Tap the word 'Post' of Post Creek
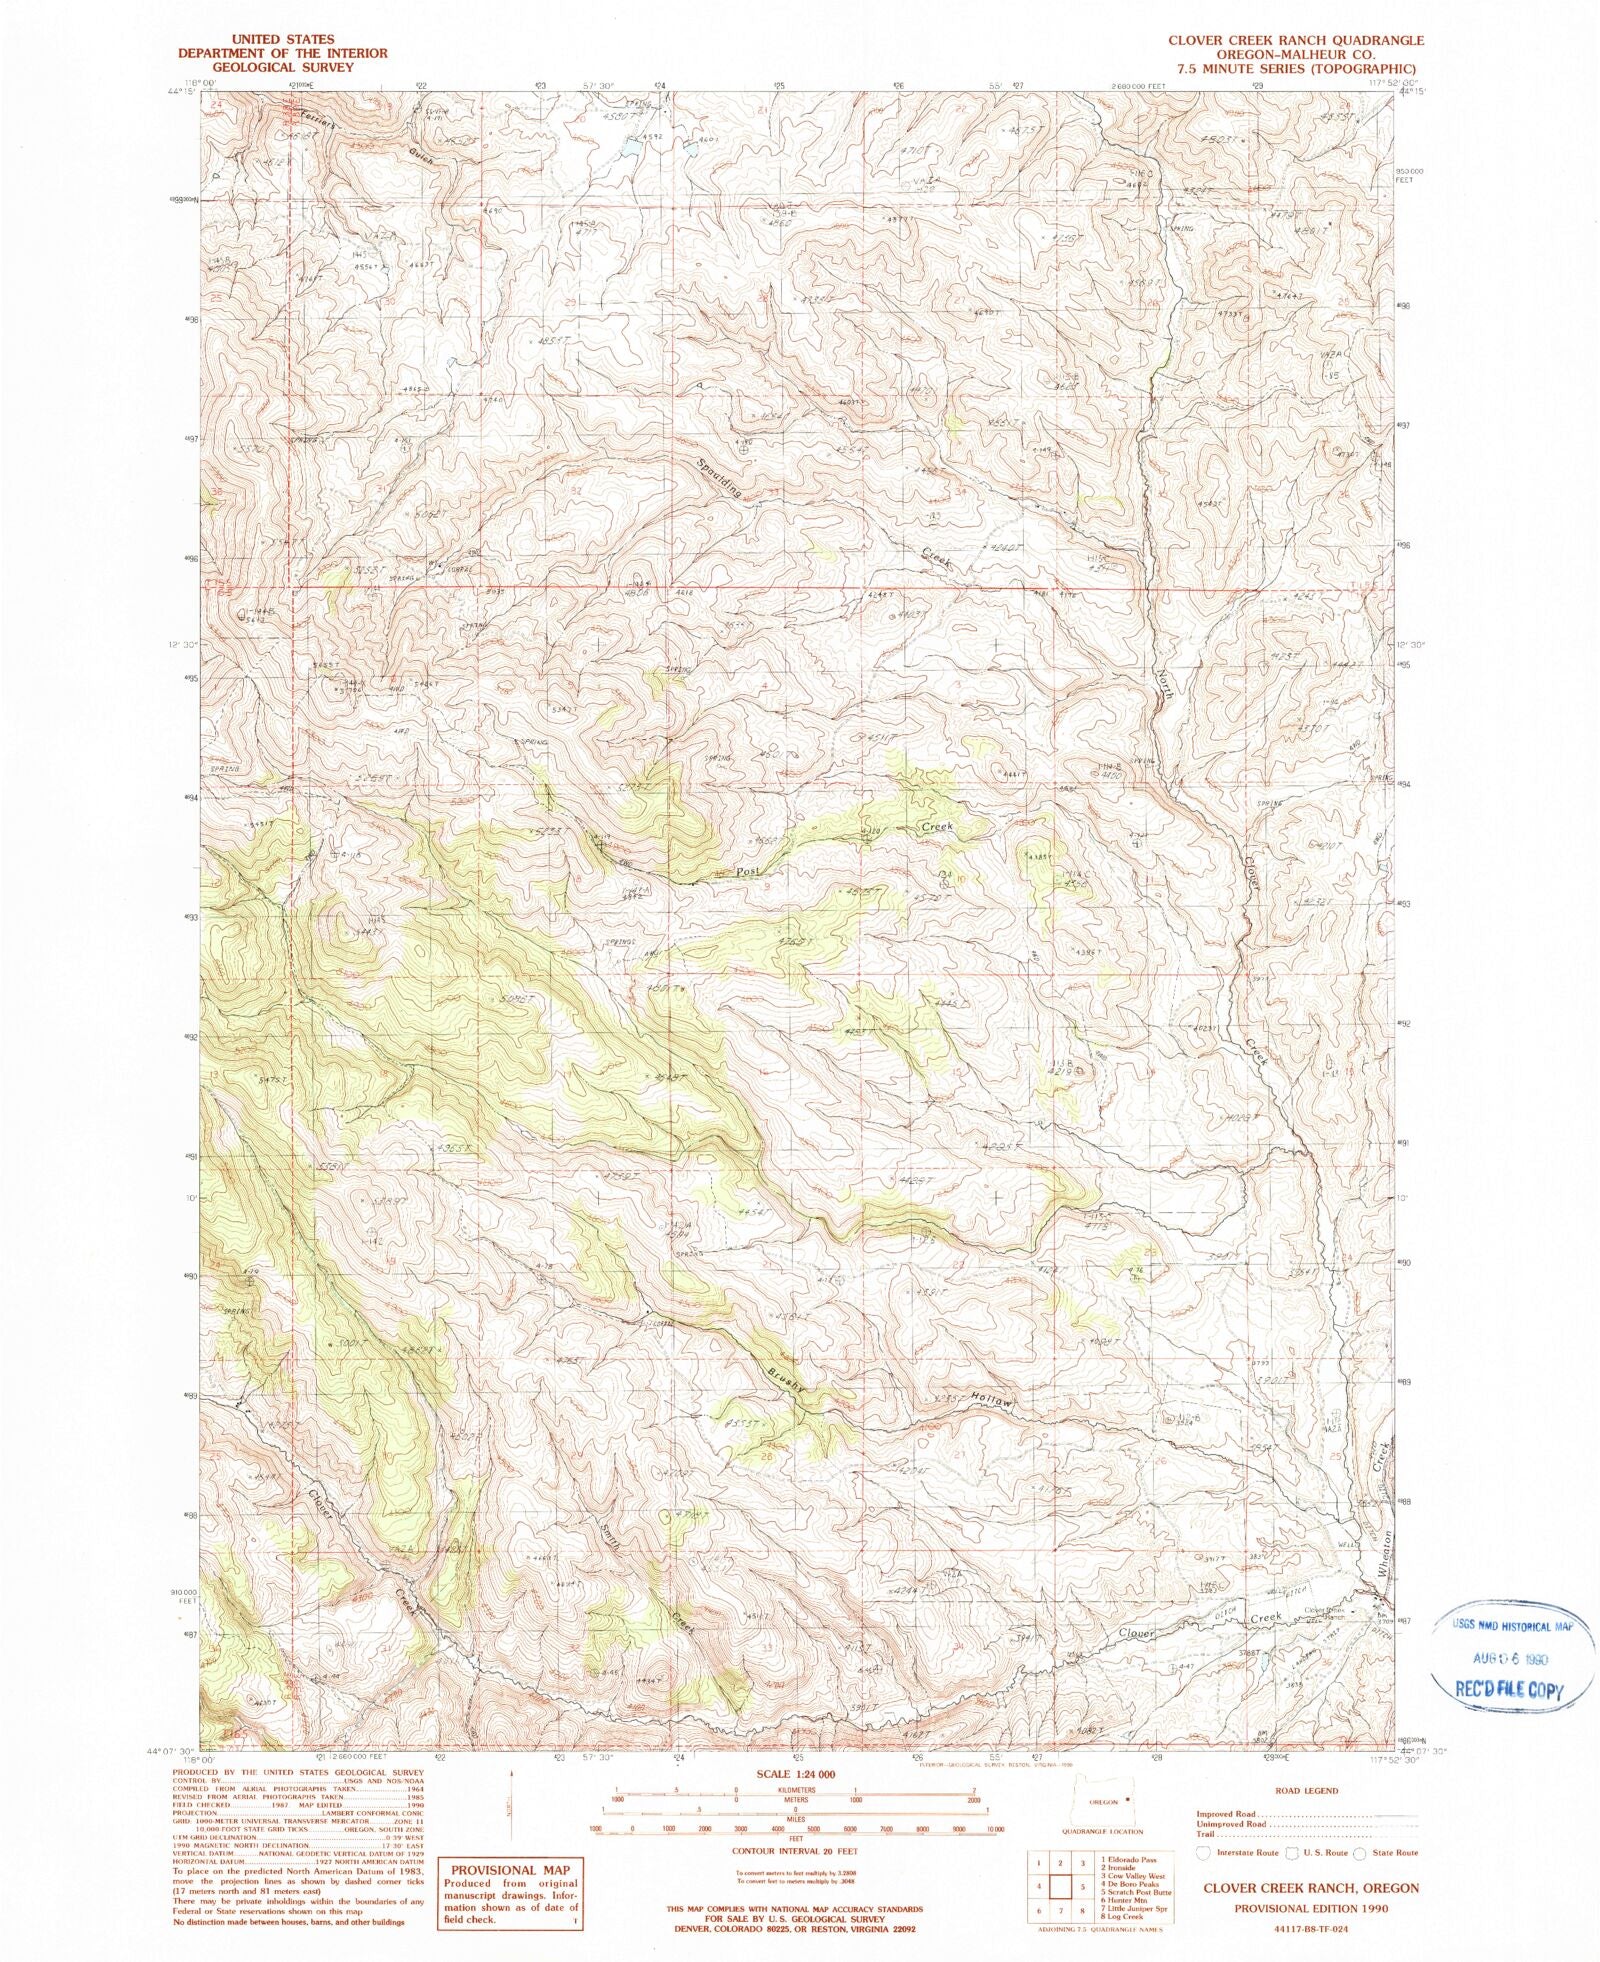click(748, 871)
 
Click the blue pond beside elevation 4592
click(631, 148)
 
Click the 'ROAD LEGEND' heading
click(1306, 1791)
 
